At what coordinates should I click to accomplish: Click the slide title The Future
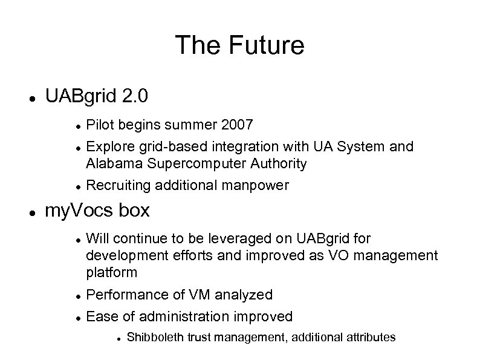239,45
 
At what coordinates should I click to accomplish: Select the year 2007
238,125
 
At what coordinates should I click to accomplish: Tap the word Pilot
100,125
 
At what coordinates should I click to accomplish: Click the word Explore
108,146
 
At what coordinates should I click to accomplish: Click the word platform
111,272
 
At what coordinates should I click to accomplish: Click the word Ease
100,316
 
